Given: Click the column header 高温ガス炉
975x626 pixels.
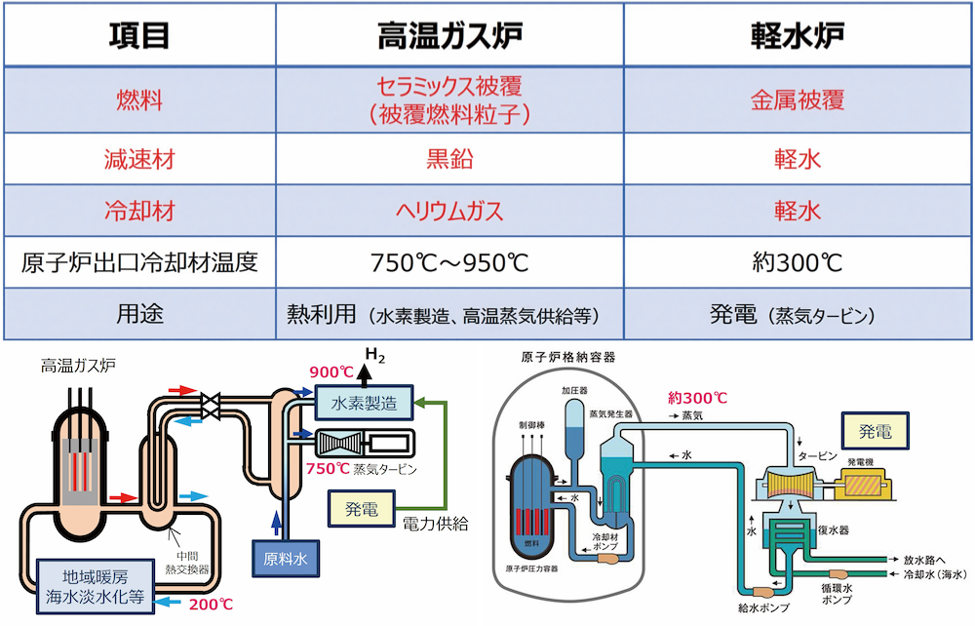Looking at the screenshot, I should point(449,35).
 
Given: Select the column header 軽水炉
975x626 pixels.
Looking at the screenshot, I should point(797,35).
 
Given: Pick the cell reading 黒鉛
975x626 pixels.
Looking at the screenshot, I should point(449,158).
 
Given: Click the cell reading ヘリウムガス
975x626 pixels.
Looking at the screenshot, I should point(449,211).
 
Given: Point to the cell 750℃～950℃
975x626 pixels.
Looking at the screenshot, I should point(449,263).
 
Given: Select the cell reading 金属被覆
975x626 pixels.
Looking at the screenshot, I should point(797,99).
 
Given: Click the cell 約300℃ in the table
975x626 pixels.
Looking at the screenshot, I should point(797,263).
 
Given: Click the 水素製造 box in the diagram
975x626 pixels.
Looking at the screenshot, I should point(363,400).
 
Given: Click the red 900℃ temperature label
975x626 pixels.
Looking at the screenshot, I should point(332,372).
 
